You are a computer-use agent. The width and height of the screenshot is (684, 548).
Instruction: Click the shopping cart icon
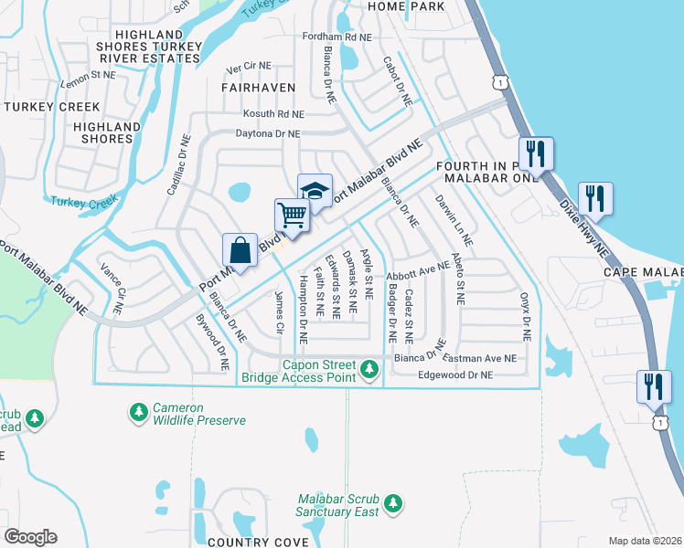pos(292,216)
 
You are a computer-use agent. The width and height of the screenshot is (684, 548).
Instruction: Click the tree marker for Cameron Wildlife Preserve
pos(138,414)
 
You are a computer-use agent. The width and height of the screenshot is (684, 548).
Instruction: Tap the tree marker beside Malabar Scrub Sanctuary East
pos(393,504)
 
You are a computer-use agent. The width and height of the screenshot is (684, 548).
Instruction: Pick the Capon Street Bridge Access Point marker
pos(369,370)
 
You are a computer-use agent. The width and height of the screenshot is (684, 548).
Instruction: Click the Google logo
pos(30,537)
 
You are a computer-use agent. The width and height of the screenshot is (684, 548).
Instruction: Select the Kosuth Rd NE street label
pos(273,114)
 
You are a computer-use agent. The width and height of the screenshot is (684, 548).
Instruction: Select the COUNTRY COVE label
pos(258,542)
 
